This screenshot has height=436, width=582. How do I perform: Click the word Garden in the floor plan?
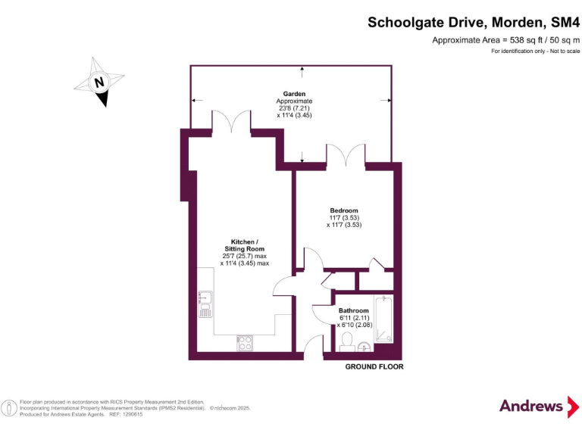tap(294, 94)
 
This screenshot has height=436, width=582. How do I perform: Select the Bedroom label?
tap(344, 210)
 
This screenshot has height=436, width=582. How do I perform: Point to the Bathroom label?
tap(354, 311)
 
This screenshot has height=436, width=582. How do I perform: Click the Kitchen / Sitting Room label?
tap(244, 245)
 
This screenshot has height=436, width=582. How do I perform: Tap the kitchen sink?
tap(205, 303)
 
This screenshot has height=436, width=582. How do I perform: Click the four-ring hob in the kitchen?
tap(246, 343)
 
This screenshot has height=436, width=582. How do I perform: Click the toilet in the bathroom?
tap(346, 344)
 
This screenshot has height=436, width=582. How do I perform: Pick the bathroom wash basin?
tap(365, 347)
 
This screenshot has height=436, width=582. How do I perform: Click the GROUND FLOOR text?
tap(374, 367)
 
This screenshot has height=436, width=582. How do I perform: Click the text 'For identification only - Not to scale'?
tap(535, 51)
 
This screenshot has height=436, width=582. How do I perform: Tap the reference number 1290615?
tap(131, 414)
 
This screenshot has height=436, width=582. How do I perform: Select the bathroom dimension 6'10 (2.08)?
tap(355, 325)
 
